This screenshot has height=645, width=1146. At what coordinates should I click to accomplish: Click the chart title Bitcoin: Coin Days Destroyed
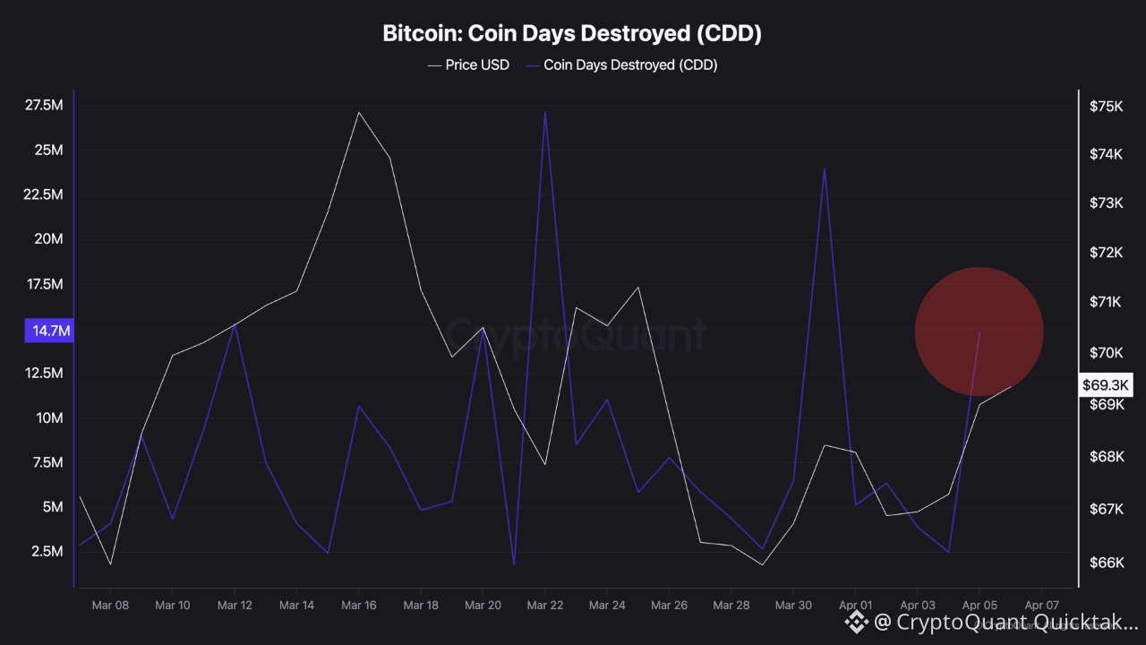coord(572,34)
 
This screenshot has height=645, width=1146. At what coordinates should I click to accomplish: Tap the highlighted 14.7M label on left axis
coord(50,331)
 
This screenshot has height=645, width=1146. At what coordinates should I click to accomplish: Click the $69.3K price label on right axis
coord(1107,385)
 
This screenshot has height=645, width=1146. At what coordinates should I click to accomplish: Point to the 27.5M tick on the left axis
coord(44,106)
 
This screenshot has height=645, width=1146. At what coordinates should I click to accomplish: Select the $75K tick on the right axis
coord(1106,106)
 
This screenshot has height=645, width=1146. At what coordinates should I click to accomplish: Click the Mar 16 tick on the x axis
coord(358,606)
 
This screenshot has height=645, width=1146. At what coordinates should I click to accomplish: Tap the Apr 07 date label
coord(1041,606)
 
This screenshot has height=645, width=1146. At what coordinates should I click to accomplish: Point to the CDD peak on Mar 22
coord(544,112)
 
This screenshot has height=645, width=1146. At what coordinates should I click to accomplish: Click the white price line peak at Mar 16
coord(358,113)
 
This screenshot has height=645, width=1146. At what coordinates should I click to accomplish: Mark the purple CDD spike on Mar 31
coord(824,168)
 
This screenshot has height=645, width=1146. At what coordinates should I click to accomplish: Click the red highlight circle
coord(979,331)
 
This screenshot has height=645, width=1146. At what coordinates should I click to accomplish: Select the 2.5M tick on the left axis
coord(47,551)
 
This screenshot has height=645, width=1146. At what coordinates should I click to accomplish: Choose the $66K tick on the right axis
coord(1106,563)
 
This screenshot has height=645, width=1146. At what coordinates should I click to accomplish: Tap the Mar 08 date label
coord(110,606)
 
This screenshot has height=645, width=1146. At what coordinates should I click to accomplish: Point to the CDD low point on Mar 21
coord(514,564)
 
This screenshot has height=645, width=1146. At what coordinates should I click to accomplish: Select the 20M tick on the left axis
coord(48,239)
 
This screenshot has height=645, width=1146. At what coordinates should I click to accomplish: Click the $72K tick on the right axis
coord(1106,253)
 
